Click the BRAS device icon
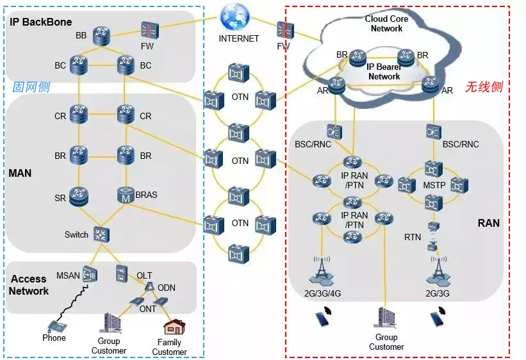[x=126, y=195]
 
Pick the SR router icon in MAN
[x=79, y=196]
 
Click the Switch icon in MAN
[x=101, y=234]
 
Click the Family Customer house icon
[x=173, y=327]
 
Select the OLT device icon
[x=122, y=274]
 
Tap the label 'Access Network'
[x=29, y=285]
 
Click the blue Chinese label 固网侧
[x=31, y=87]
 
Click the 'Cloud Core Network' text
[x=386, y=24]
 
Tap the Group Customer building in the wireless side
[x=386, y=318]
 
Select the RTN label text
[x=413, y=238]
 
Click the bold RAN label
[x=488, y=223]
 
